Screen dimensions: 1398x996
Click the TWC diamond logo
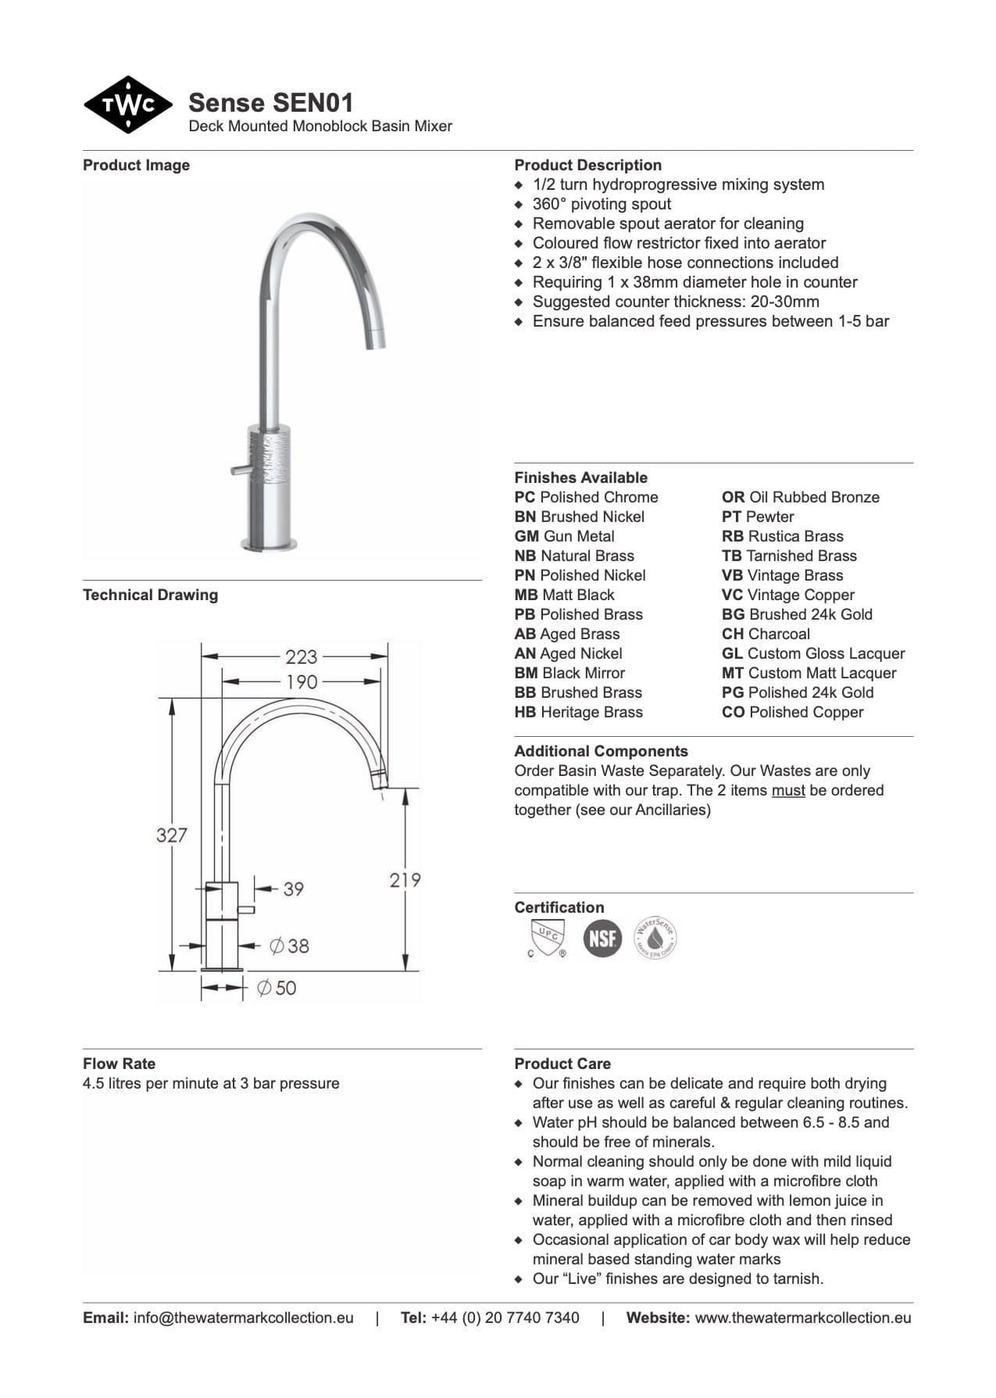click(x=128, y=105)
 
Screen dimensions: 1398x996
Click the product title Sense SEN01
click(x=270, y=102)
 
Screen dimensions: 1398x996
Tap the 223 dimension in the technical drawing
click(x=301, y=656)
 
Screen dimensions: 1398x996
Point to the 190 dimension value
click(x=302, y=681)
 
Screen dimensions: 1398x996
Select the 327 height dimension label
click(x=171, y=835)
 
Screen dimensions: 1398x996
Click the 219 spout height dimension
click(x=405, y=880)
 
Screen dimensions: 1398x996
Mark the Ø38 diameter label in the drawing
click(x=289, y=946)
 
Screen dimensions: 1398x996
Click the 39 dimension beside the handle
click(x=293, y=889)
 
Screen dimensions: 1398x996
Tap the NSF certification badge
click(x=602, y=938)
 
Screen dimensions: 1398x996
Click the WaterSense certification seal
click(x=655, y=938)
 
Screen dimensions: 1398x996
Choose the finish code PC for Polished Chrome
click(x=524, y=497)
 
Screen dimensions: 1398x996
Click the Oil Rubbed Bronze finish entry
click(x=801, y=497)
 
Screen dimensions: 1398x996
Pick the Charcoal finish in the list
click(x=766, y=634)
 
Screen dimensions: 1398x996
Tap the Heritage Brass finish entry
click(x=579, y=712)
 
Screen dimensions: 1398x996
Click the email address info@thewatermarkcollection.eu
click(x=243, y=1318)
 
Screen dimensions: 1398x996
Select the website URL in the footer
click(x=802, y=1318)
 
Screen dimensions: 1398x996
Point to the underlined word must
click(x=788, y=790)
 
